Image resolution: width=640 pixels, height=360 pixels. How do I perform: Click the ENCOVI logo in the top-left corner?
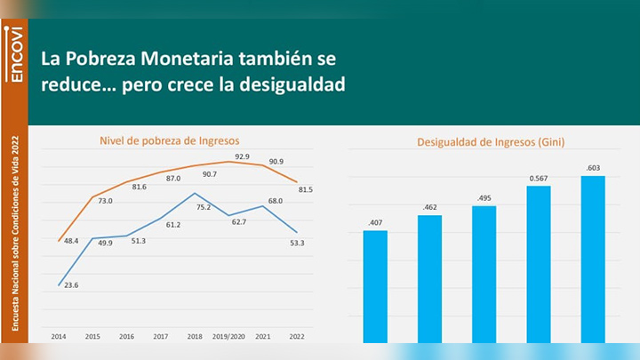(14, 53)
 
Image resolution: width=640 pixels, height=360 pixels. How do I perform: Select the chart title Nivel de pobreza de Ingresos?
(168, 140)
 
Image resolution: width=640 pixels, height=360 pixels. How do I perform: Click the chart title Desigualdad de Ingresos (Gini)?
(491, 141)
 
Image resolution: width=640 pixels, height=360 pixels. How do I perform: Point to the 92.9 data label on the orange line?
(242, 156)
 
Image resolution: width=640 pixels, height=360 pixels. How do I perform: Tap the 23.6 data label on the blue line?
(71, 284)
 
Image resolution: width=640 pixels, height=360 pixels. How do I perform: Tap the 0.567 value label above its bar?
(539, 176)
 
